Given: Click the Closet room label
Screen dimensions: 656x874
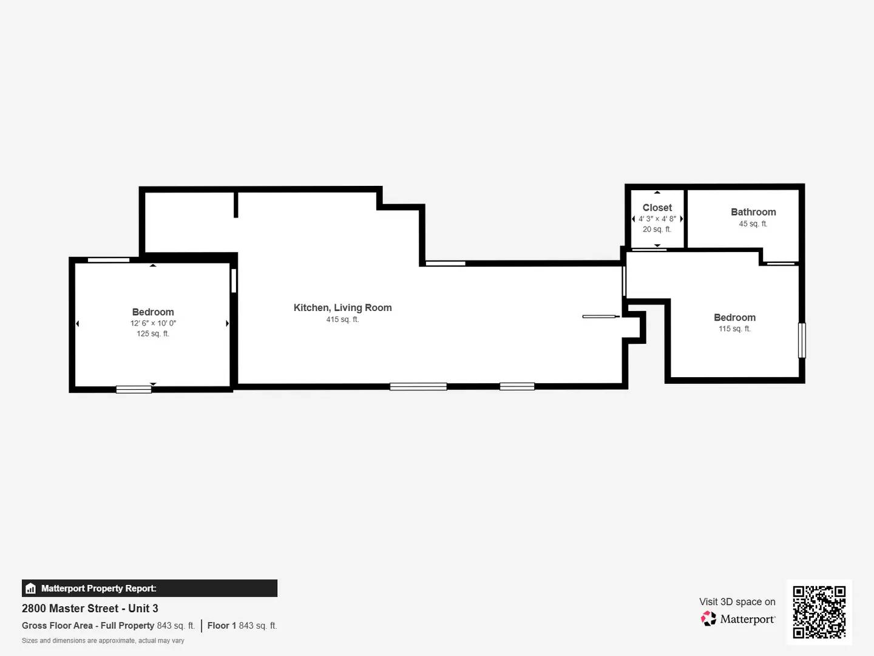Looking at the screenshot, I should (657, 208).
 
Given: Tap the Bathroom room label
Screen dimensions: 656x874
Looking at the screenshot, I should (753, 212).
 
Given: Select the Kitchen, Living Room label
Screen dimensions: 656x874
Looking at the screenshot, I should (342, 308).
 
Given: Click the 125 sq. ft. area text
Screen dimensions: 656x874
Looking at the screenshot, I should (153, 333).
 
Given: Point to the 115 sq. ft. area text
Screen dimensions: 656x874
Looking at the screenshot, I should (734, 329).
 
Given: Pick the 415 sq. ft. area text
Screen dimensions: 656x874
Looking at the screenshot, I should (342, 319).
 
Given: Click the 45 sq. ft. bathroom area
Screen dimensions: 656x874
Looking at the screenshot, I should (753, 224).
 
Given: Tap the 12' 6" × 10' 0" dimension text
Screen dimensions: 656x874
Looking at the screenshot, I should (153, 323).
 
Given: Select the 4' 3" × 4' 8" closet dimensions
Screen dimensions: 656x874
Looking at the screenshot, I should (657, 219).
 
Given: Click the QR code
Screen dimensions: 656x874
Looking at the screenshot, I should (819, 612).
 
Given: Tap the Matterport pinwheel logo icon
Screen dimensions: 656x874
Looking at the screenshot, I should (708, 619).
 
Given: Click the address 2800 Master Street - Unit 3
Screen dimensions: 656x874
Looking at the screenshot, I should (90, 608).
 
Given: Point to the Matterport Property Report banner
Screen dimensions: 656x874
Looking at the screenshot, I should (149, 588).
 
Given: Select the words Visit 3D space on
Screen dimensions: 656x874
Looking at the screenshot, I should (737, 602).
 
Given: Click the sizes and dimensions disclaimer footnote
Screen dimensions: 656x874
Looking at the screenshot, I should (103, 640).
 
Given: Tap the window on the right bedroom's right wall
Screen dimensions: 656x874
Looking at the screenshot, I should (802, 340).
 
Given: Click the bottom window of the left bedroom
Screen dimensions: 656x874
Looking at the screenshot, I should (134, 389).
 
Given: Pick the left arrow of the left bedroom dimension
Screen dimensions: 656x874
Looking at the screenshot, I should (77, 324).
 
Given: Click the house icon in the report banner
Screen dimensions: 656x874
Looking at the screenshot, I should (30, 588).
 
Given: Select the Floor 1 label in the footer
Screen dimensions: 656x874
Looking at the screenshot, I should (222, 626).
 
